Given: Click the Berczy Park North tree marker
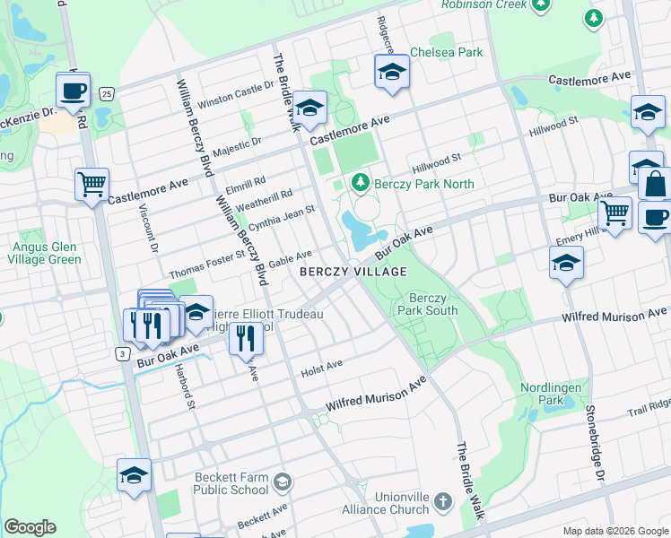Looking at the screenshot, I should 361,183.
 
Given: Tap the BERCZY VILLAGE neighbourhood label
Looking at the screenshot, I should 353,271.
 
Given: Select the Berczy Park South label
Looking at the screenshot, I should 432,304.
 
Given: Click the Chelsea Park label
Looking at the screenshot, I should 447,53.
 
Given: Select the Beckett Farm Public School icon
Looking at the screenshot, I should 283,482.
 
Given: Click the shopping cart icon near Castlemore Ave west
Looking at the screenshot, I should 91,185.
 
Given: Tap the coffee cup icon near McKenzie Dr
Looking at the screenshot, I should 74,90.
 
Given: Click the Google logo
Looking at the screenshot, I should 30,527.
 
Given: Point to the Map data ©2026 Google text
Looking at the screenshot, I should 614,530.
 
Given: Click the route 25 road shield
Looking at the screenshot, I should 107,93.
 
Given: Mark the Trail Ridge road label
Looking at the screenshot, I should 649,411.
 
